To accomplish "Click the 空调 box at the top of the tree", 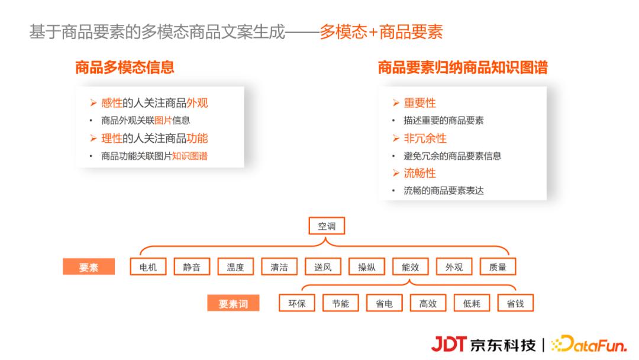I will pos(327,226).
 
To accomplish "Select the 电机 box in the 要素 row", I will pos(148,267).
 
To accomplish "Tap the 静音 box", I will pos(192,267).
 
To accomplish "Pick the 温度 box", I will pos(235,267).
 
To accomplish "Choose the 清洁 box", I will pos(279,267).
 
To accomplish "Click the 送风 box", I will pos(323,267).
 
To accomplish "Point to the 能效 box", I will pos(411,267).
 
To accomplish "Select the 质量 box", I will pos(498,267).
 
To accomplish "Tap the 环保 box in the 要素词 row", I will pos(297,304).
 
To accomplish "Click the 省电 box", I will pos(385,304).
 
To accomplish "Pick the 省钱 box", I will pos(515,304).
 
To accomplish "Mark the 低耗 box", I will pos(472,304).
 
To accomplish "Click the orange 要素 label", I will pos(89,268).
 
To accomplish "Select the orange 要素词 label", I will pos(233,304).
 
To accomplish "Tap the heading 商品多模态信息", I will pos(125,67).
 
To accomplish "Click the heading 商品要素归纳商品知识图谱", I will pos(463,67).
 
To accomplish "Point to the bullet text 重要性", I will pos(420,103).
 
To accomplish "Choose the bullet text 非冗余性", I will pos(425,139).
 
